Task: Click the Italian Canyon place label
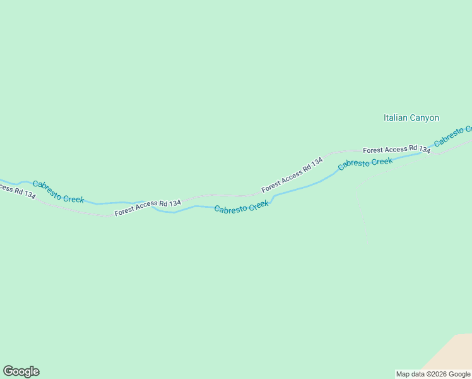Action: [x=411, y=117]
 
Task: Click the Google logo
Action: [x=21, y=371]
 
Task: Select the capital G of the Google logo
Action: [x=8, y=371]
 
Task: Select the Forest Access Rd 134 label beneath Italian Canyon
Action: [x=396, y=150]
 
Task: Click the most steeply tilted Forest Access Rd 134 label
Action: [x=292, y=174]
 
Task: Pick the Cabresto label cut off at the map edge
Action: [x=453, y=136]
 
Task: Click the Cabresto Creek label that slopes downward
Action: [x=58, y=191]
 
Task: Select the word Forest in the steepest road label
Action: [x=272, y=186]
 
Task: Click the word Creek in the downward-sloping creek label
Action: [x=73, y=197]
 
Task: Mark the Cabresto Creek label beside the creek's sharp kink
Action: [x=242, y=207]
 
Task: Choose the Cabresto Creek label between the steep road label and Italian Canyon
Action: [x=365, y=164]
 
